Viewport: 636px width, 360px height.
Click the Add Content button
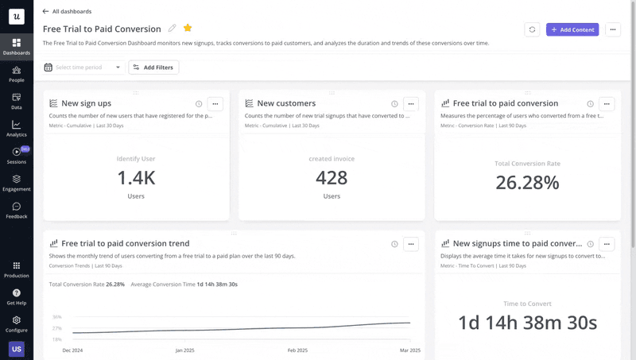[x=572, y=29]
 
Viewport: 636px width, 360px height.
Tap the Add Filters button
[x=153, y=68]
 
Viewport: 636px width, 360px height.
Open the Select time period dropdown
[x=83, y=68]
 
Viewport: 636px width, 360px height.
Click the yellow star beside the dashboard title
[x=188, y=29]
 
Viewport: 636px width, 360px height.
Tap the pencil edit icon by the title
[x=172, y=29]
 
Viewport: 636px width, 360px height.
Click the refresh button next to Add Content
[x=532, y=29]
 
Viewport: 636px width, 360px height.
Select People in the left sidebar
[x=17, y=74]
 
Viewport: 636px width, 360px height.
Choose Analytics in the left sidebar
[x=17, y=128]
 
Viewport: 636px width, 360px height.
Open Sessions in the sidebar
[x=17, y=155]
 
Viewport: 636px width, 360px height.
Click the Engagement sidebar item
[x=17, y=183]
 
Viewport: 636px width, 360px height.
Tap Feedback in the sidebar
[x=17, y=210]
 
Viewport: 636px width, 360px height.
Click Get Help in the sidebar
[x=17, y=296]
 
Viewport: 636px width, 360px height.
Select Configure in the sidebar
[x=17, y=323]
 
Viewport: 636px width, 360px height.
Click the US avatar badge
[x=17, y=348]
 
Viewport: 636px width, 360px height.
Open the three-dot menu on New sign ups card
[x=215, y=103]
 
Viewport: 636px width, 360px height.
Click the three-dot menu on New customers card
[x=410, y=103]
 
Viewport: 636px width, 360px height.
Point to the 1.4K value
[x=136, y=178]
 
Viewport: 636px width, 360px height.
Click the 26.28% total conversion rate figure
[x=528, y=183]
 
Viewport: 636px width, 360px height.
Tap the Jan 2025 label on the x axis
[x=184, y=350]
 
